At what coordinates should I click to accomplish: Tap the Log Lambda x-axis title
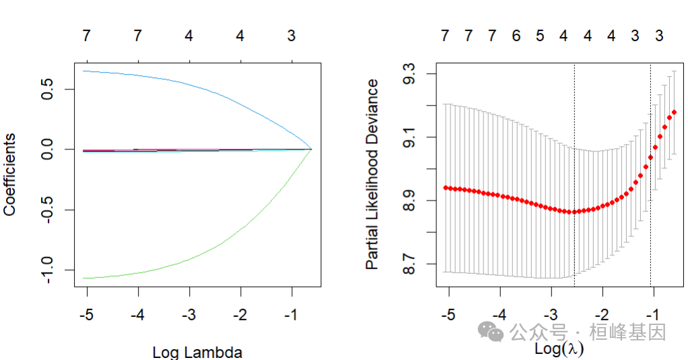(x=197, y=352)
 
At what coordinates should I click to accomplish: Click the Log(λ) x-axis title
(x=559, y=349)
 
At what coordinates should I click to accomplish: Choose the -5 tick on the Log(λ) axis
(x=448, y=314)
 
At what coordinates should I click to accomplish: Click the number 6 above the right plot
(x=516, y=36)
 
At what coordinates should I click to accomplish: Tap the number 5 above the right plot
(x=540, y=36)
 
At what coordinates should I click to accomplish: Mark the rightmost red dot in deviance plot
(x=674, y=112)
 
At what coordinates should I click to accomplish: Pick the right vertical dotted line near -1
(x=650, y=202)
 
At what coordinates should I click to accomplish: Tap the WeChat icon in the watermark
(x=490, y=331)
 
